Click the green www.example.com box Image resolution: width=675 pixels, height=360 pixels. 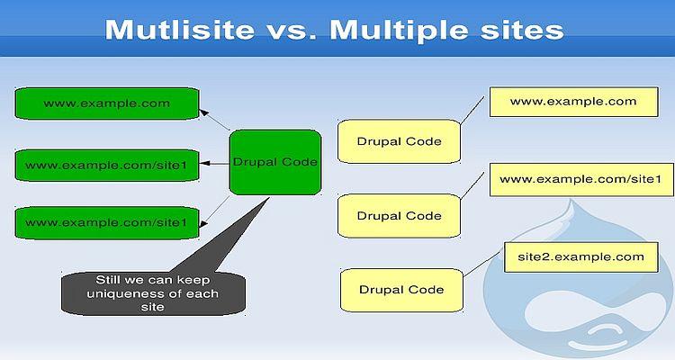tap(105, 103)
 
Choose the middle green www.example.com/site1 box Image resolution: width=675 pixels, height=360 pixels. tap(105, 165)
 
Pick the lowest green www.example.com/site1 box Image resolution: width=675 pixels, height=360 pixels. tap(105, 221)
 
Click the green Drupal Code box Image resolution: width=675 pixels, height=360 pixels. tap(274, 162)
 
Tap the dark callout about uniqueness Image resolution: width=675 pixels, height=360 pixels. tap(152, 292)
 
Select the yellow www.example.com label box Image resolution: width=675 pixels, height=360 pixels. tap(572, 102)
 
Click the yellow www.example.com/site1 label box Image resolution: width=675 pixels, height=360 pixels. tap(580, 179)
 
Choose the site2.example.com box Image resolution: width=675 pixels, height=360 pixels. tap(574, 257)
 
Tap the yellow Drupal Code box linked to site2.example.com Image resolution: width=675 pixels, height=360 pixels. tap(401, 290)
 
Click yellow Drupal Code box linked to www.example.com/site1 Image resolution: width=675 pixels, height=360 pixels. tap(399, 216)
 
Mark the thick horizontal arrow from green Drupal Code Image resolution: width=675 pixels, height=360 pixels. tap(214, 164)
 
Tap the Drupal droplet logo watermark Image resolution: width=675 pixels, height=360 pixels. tap(576, 288)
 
